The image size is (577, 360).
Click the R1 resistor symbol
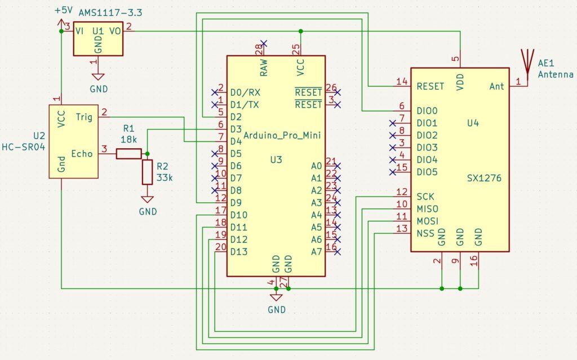[x=129, y=153]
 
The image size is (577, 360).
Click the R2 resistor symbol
[x=147, y=172]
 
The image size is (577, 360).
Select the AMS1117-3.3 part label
[x=110, y=13]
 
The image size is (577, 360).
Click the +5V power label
[x=64, y=10]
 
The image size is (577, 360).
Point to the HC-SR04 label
[x=24, y=147]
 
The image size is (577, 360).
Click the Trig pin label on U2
[x=84, y=117]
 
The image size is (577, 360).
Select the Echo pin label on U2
[x=82, y=153]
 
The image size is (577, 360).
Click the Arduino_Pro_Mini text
[x=282, y=135]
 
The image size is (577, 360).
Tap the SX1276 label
[x=484, y=178]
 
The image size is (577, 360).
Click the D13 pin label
[x=239, y=252]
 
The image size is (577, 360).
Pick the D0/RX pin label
[x=245, y=92]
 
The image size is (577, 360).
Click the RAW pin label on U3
[x=264, y=68]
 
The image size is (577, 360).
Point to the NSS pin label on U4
[x=425, y=233]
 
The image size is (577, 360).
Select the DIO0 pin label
[x=427, y=111]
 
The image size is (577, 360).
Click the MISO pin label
[x=427, y=209]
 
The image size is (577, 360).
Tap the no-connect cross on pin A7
[x=338, y=252]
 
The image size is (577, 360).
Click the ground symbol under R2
[x=147, y=199]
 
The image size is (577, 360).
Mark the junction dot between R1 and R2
[x=147, y=153]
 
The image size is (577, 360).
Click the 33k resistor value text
[x=165, y=178]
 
